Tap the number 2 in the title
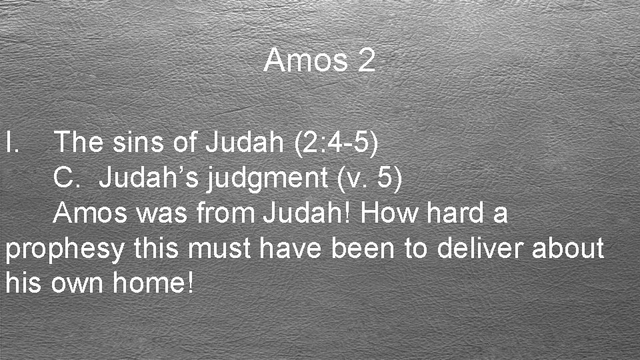coord(366,61)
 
